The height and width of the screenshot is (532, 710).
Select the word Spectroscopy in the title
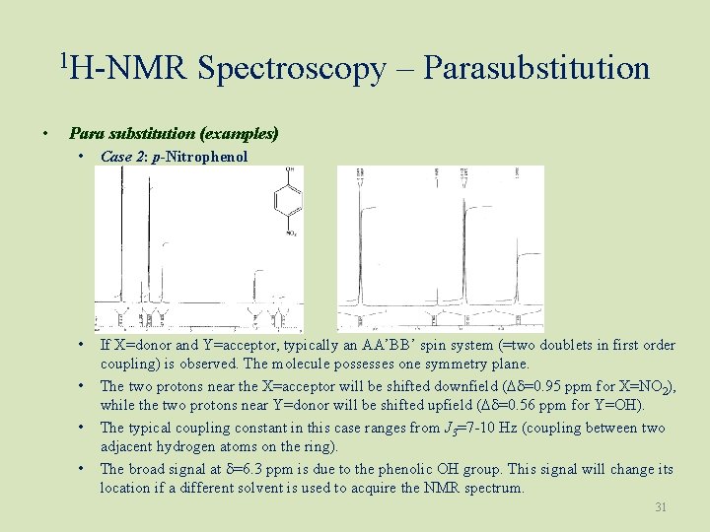click(291, 69)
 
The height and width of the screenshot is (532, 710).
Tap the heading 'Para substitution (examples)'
click(174, 132)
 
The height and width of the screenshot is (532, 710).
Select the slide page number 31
click(662, 507)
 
